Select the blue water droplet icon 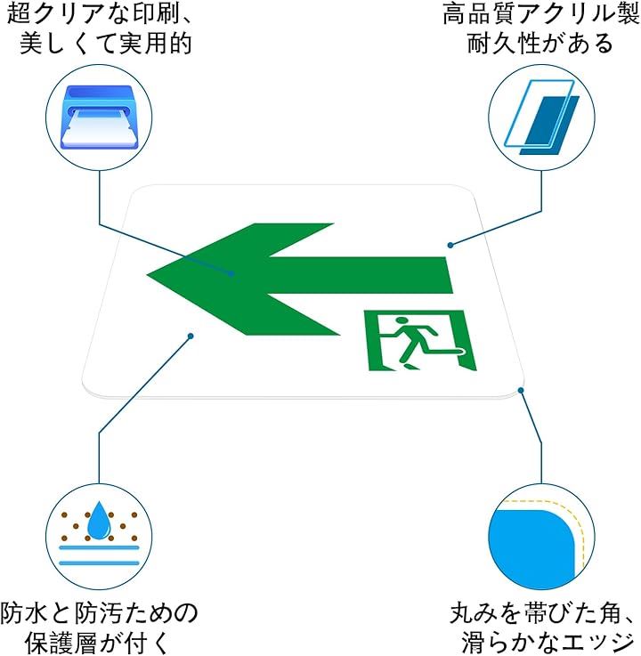click(x=99, y=519)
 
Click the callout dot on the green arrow click(x=234, y=273)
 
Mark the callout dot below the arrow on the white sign click(x=190, y=335)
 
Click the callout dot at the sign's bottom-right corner click(x=522, y=388)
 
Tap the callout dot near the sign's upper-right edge click(x=450, y=244)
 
